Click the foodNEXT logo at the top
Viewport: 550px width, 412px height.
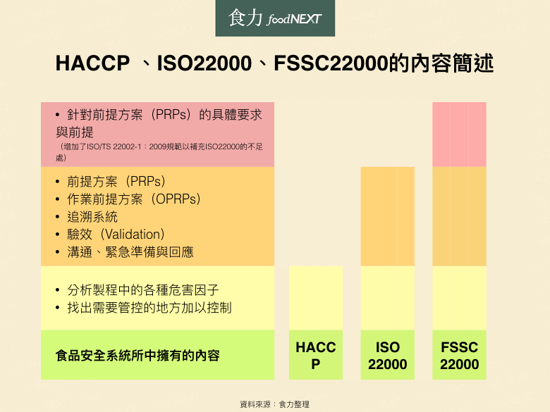[275, 18]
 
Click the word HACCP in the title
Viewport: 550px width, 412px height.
[92, 63]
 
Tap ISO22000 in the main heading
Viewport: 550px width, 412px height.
[204, 63]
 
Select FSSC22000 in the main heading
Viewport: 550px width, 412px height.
[331, 63]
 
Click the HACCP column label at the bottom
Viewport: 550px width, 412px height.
[316, 355]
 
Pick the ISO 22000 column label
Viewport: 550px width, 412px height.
[388, 355]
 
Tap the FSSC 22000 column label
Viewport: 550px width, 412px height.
[460, 355]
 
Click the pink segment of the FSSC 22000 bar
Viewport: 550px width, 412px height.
[459, 135]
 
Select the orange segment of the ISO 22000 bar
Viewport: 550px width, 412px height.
[388, 216]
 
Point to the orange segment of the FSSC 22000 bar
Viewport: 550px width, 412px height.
[459, 216]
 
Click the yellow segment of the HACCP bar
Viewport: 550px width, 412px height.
[316, 298]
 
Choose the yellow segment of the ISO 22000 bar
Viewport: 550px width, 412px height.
[388, 298]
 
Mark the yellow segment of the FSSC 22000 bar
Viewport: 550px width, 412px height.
[459, 298]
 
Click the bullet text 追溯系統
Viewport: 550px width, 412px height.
[92, 217]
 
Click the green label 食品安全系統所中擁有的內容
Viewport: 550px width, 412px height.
[137, 355]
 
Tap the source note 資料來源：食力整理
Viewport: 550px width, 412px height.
[275, 404]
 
